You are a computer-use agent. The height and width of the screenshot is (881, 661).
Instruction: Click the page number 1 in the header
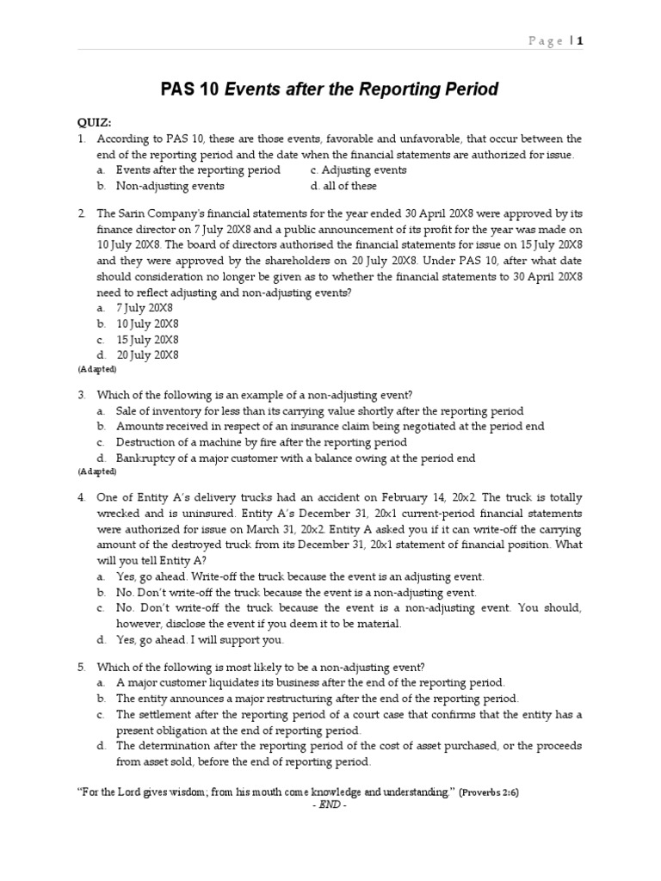pyautogui.click(x=580, y=40)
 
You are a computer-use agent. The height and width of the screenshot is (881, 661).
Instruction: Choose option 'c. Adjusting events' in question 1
pyautogui.click(x=358, y=169)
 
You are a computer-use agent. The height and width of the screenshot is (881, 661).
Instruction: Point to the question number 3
pyautogui.click(x=81, y=395)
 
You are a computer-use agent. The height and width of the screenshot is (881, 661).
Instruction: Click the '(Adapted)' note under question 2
pyautogui.click(x=97, y=369)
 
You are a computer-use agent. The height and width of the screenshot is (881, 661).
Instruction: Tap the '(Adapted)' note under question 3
pyautogui.click(x=97, y=471)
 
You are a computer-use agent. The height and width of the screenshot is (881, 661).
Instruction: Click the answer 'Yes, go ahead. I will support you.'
pyautogui.click(x=200, y=639)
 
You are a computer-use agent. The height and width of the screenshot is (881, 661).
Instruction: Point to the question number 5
pyautogui.click(x=81, y=666)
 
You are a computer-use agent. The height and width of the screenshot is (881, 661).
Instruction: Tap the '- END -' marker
pyautogui.click(x=330, y=804)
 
